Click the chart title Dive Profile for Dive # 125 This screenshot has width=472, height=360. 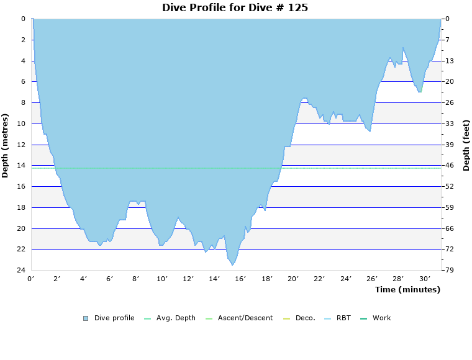235,8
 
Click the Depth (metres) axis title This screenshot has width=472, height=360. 6,145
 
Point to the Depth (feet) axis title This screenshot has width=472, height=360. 466,145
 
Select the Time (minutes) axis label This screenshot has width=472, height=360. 407,289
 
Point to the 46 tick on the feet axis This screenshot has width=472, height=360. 449,166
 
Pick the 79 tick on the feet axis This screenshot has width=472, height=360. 449,270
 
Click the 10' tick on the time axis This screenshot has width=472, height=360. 162,279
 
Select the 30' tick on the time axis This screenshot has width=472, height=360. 425,279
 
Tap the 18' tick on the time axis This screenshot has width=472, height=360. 267,279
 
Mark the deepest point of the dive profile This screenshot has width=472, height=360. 233,265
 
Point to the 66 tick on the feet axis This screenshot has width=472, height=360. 449,228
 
